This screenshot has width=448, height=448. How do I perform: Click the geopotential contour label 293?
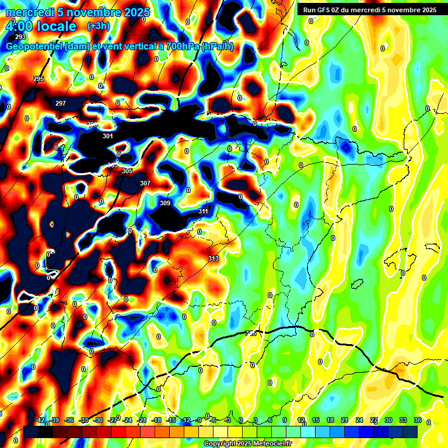tap(21, 37)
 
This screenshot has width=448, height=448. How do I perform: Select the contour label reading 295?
tap(38, 79)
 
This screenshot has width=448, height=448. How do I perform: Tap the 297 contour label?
tap(61, 103)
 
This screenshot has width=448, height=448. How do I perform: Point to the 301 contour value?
tap(107, 136)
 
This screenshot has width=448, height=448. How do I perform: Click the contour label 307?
tap(145, 183)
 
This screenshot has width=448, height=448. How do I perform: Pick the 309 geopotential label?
tap(165, 203)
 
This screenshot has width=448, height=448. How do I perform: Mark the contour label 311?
tap(203, 211)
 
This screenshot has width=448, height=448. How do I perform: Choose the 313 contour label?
tap(213, 258)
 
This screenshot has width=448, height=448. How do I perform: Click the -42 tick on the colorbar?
tap(40, 421)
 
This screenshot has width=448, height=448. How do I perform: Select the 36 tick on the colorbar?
tap(417, 421)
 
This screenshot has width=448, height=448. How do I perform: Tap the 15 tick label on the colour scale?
tap(315, 421)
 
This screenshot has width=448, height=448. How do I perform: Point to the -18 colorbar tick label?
tap(156, 421)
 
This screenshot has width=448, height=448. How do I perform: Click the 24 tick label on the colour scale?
tap(359, 421)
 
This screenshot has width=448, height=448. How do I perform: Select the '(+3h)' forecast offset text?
tap(98, 26)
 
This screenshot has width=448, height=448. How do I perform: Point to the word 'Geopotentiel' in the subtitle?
tap(35, 47)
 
